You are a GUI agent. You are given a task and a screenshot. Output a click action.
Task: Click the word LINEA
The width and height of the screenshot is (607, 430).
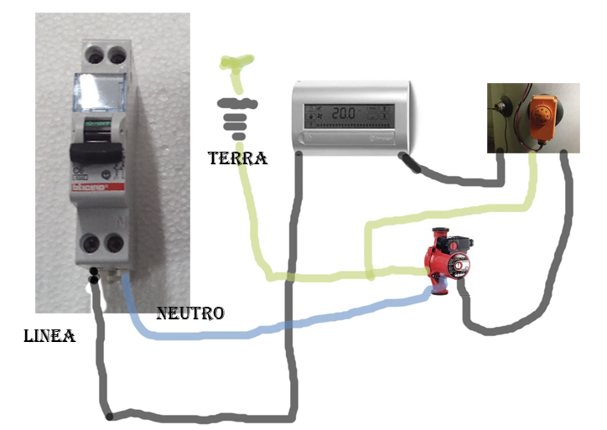49,336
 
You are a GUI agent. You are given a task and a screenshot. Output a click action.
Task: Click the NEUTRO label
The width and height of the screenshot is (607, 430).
190,313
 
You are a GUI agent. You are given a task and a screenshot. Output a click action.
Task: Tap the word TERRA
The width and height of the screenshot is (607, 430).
239,158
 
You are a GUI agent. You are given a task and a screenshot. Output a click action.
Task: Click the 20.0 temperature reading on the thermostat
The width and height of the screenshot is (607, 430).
341,112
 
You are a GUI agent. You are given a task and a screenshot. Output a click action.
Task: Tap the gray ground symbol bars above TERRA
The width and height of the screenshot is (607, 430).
236,117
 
